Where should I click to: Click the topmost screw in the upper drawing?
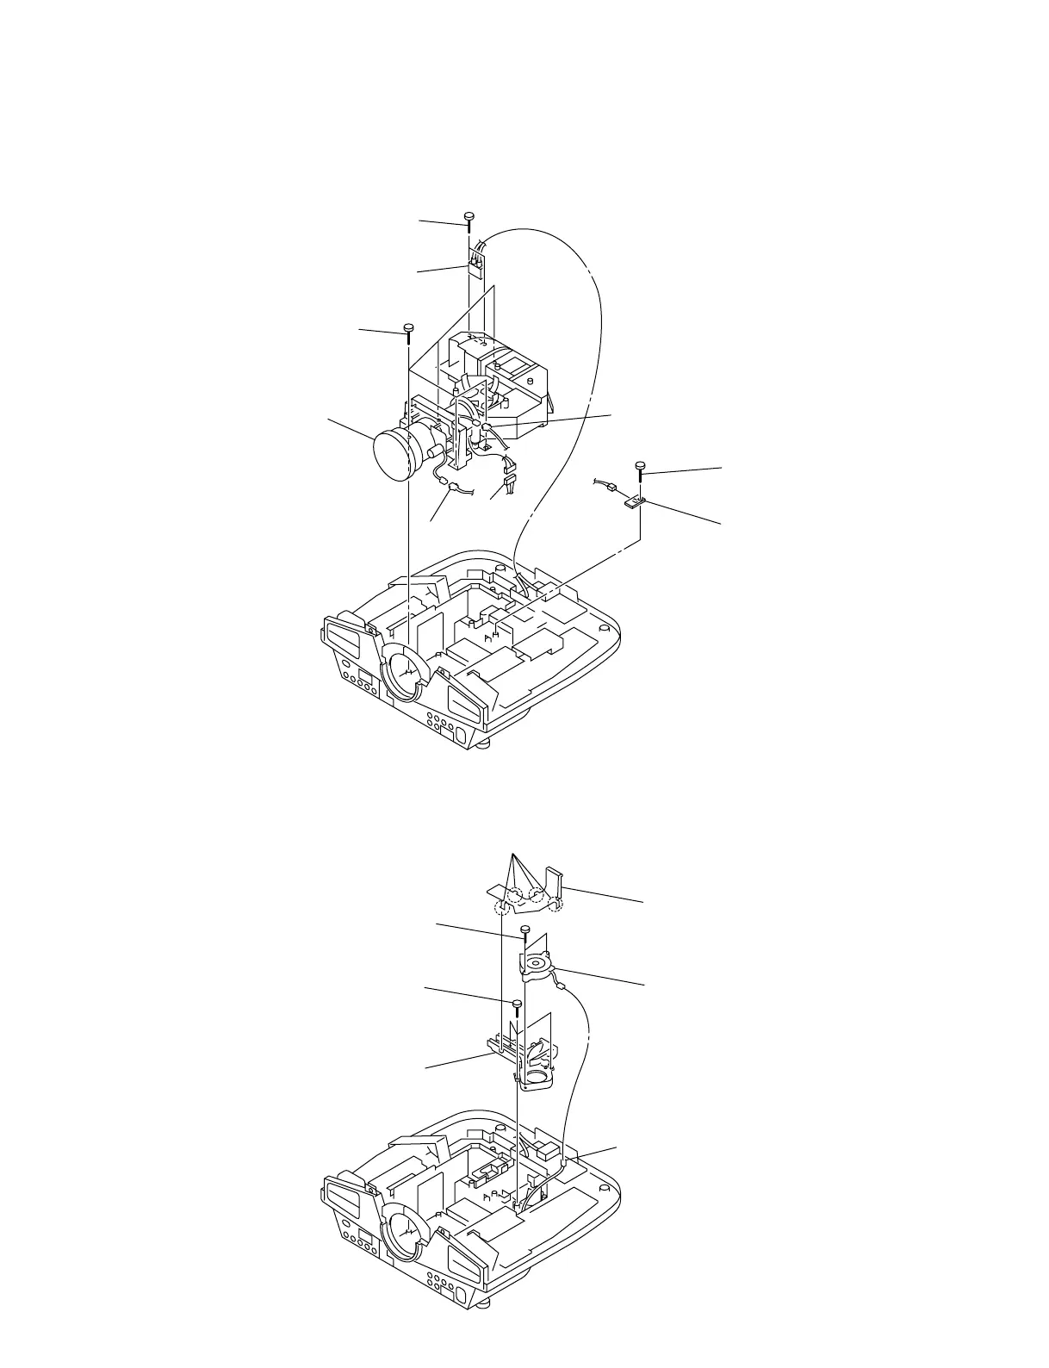point(469,215)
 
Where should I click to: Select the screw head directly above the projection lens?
point(409,327)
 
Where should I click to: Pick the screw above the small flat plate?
point(642,466)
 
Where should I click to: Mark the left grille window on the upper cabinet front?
point(349,637)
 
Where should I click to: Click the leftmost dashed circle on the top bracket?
point(500,909)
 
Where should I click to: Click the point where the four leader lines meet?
point(513,857)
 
